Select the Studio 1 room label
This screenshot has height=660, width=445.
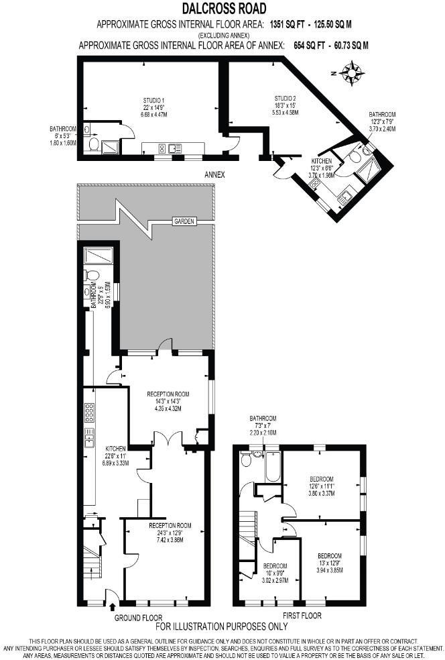click(x=153, y=101)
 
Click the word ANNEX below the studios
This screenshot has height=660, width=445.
click(x=214, y=174)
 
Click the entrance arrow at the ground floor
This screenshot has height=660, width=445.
click(x=112, y=608)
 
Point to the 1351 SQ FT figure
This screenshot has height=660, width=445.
click(x=292, y=24)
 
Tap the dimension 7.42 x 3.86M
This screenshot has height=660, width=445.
click(x=170, y=539)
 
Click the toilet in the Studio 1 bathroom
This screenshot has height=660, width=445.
click(x=93, y=143)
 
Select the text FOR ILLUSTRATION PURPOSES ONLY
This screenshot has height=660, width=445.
click(x=222, y=627)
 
